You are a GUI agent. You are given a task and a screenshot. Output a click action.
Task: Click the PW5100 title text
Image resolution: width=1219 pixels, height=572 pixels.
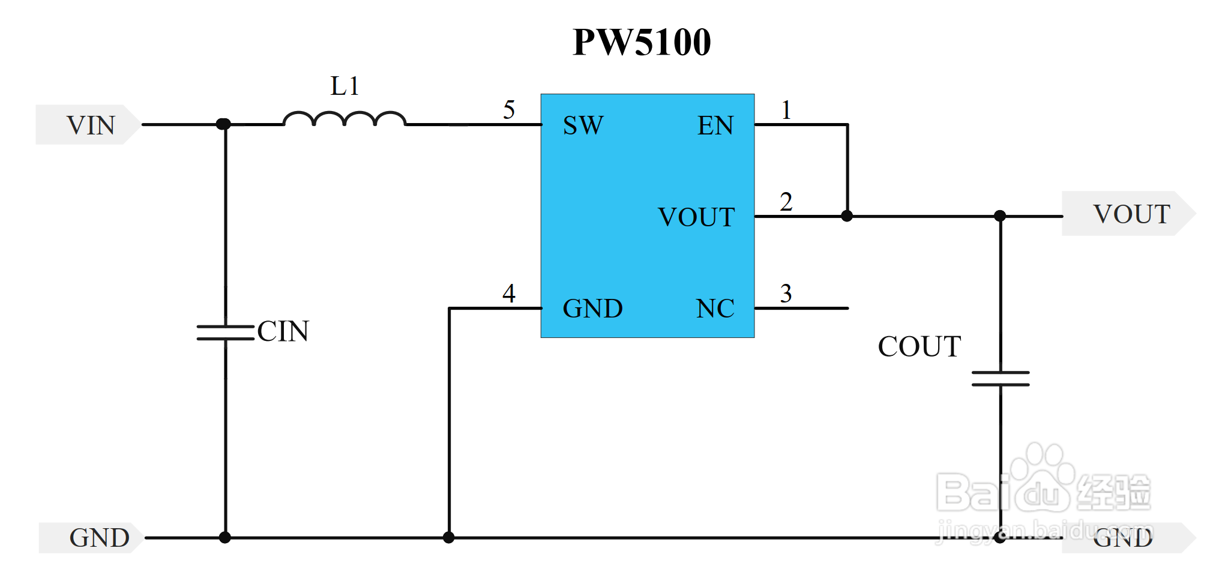(642, 43)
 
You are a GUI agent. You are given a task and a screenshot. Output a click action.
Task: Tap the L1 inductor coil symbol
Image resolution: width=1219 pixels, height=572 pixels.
(345, 119)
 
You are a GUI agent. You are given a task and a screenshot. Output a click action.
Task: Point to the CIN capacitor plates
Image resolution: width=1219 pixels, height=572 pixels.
(226, 333)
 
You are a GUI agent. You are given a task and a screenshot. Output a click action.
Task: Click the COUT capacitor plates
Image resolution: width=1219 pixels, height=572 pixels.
(1000, 378)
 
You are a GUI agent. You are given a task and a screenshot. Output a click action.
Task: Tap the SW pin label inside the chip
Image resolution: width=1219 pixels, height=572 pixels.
(583, 125)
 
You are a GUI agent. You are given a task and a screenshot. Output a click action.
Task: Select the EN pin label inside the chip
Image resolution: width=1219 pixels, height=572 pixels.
(715, 125)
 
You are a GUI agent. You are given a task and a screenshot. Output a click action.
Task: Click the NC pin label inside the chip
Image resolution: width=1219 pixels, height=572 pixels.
(715, 309)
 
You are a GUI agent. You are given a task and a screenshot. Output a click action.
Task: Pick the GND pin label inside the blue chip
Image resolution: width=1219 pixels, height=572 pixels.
(592, 309)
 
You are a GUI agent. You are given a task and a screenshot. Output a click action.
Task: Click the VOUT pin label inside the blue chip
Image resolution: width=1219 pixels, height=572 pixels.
(696, 217)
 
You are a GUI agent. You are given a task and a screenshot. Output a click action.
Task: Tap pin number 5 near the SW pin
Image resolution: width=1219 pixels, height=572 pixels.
(509, 110)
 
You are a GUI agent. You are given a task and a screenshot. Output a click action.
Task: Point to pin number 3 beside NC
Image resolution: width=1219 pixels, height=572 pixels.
(786, 294)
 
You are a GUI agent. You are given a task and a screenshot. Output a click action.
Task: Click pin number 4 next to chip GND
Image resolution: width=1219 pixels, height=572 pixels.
(509, 294)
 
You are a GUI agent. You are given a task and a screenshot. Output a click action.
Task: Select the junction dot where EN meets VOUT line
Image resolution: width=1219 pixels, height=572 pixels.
(847, 216)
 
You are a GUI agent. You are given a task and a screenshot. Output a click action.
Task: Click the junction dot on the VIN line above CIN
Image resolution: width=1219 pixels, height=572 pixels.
(223, 124)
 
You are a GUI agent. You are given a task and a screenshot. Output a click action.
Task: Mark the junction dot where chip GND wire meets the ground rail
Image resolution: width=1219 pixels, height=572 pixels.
(448, 538)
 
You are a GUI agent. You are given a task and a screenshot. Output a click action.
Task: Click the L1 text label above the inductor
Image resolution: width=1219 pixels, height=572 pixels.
(345, 86)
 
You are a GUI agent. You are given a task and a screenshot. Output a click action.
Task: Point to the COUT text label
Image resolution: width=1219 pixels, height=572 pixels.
(919, 346)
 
